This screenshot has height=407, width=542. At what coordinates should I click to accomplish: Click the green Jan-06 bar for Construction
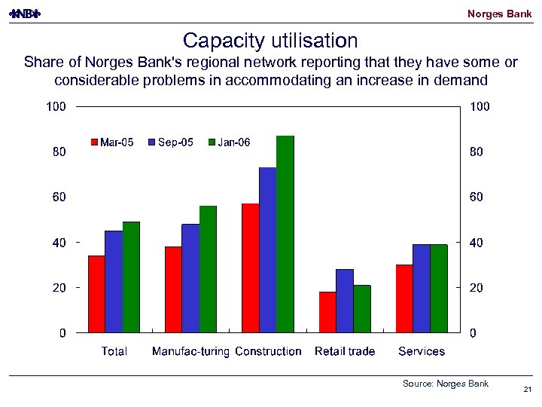click(285, 234)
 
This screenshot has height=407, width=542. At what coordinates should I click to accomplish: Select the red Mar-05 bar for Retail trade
click(327, 312)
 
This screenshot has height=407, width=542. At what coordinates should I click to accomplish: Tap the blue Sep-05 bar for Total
click(114, 281)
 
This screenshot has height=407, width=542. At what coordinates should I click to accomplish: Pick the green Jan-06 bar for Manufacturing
click(208, 269)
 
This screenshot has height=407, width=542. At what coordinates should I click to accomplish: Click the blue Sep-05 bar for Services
click(421, 288)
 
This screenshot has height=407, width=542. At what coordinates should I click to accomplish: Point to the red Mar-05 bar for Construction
click(250, 268)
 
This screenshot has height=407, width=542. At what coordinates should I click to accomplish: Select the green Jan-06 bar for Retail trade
click(362, 309)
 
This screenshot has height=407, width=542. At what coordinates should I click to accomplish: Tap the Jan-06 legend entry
click(229, 142)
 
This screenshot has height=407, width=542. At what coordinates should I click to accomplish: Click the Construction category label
click(268, 351)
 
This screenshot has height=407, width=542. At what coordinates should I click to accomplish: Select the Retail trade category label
click(344, 351)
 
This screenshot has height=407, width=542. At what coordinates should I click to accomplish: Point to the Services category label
click(422, 351)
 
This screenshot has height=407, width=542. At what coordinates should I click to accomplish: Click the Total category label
click(114, 351)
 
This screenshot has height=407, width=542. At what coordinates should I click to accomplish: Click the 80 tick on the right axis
click(480, 152)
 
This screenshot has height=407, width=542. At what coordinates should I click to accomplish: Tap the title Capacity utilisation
click(270, 39)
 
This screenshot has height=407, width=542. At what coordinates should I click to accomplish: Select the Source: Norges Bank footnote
click(446, 384)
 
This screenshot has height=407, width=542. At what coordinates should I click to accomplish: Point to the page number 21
click(526, 390)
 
